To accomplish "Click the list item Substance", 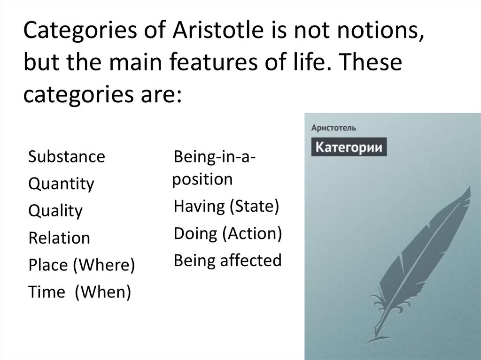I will [66, 156].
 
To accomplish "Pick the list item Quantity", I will [61, 184].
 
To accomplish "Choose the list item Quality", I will [55, 211].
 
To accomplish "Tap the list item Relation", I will [59, 238].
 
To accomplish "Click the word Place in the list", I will [47, 265].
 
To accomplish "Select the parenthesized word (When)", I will [102, 292].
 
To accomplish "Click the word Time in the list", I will [46, 292].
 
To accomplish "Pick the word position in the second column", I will [202, 179].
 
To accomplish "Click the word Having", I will [199, 207].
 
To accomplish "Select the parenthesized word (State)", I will [254, 207].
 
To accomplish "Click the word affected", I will [252, 260].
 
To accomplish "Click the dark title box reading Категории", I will [348, 147].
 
